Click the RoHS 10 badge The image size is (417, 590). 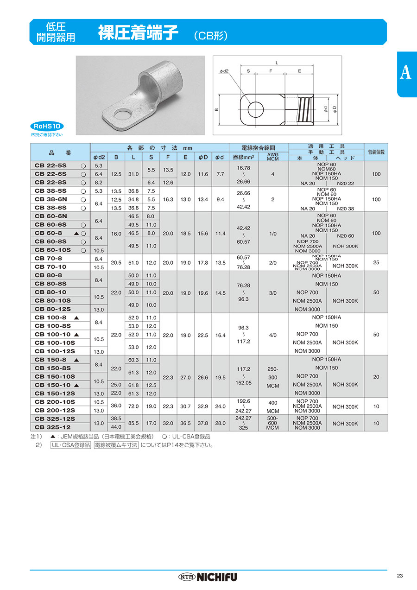click(x=47, y=126)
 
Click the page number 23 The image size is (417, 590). click(x=400, y=576)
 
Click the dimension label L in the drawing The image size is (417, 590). click(x=277, y=62)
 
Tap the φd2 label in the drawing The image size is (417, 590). click(x=224, y=71)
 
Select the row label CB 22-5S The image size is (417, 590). click(x=51, y=165)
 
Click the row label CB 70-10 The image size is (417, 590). click(x=51, y=266)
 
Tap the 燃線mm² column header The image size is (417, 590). click(x=244, y=158)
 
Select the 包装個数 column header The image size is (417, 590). click(x=376, y=152)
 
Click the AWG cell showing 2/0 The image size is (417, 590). click(x=273, y=263)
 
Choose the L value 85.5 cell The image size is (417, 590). click(x=134, y=423)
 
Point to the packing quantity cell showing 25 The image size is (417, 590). click(x=376, y=263)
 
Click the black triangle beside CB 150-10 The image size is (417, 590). click(x=76, y=385)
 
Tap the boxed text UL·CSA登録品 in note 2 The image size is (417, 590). click(x=71, y=445)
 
